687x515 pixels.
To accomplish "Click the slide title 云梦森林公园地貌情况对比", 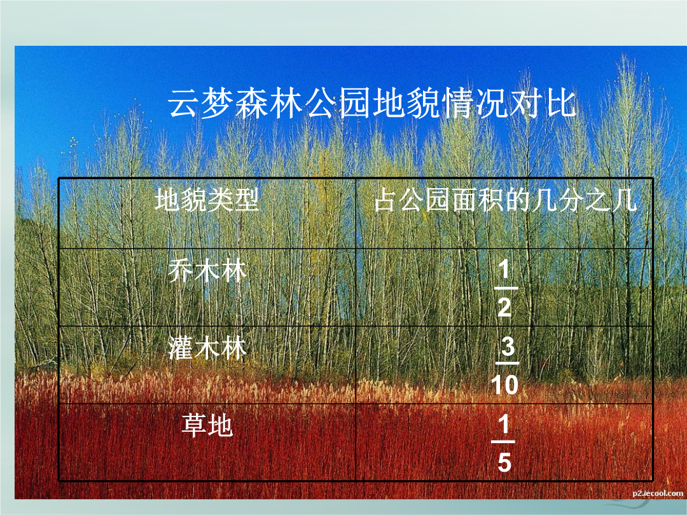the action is [x=371, y=104].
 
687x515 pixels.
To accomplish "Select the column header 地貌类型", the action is [x=207, y=200].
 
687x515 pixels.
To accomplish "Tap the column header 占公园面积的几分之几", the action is [x=505, y=200].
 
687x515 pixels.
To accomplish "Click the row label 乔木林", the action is [x=207, y=270].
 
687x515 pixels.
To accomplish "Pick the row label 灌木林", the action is [x=207, y=348].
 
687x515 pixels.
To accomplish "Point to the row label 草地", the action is [x=207, y=425].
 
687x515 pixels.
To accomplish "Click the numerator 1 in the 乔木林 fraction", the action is [x=504, y=268].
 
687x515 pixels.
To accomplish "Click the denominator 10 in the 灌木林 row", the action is [x=504, y=385].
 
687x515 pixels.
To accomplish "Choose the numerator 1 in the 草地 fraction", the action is [x=504, y=423].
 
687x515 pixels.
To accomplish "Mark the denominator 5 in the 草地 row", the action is [x=504, y=462].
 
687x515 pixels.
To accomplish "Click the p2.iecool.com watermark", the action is [x=658, y=493].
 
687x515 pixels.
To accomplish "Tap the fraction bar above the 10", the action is [x=507, y=363].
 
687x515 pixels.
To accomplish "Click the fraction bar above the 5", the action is [x=503, y=442].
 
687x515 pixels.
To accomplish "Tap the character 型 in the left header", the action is [x=246, y=200].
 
